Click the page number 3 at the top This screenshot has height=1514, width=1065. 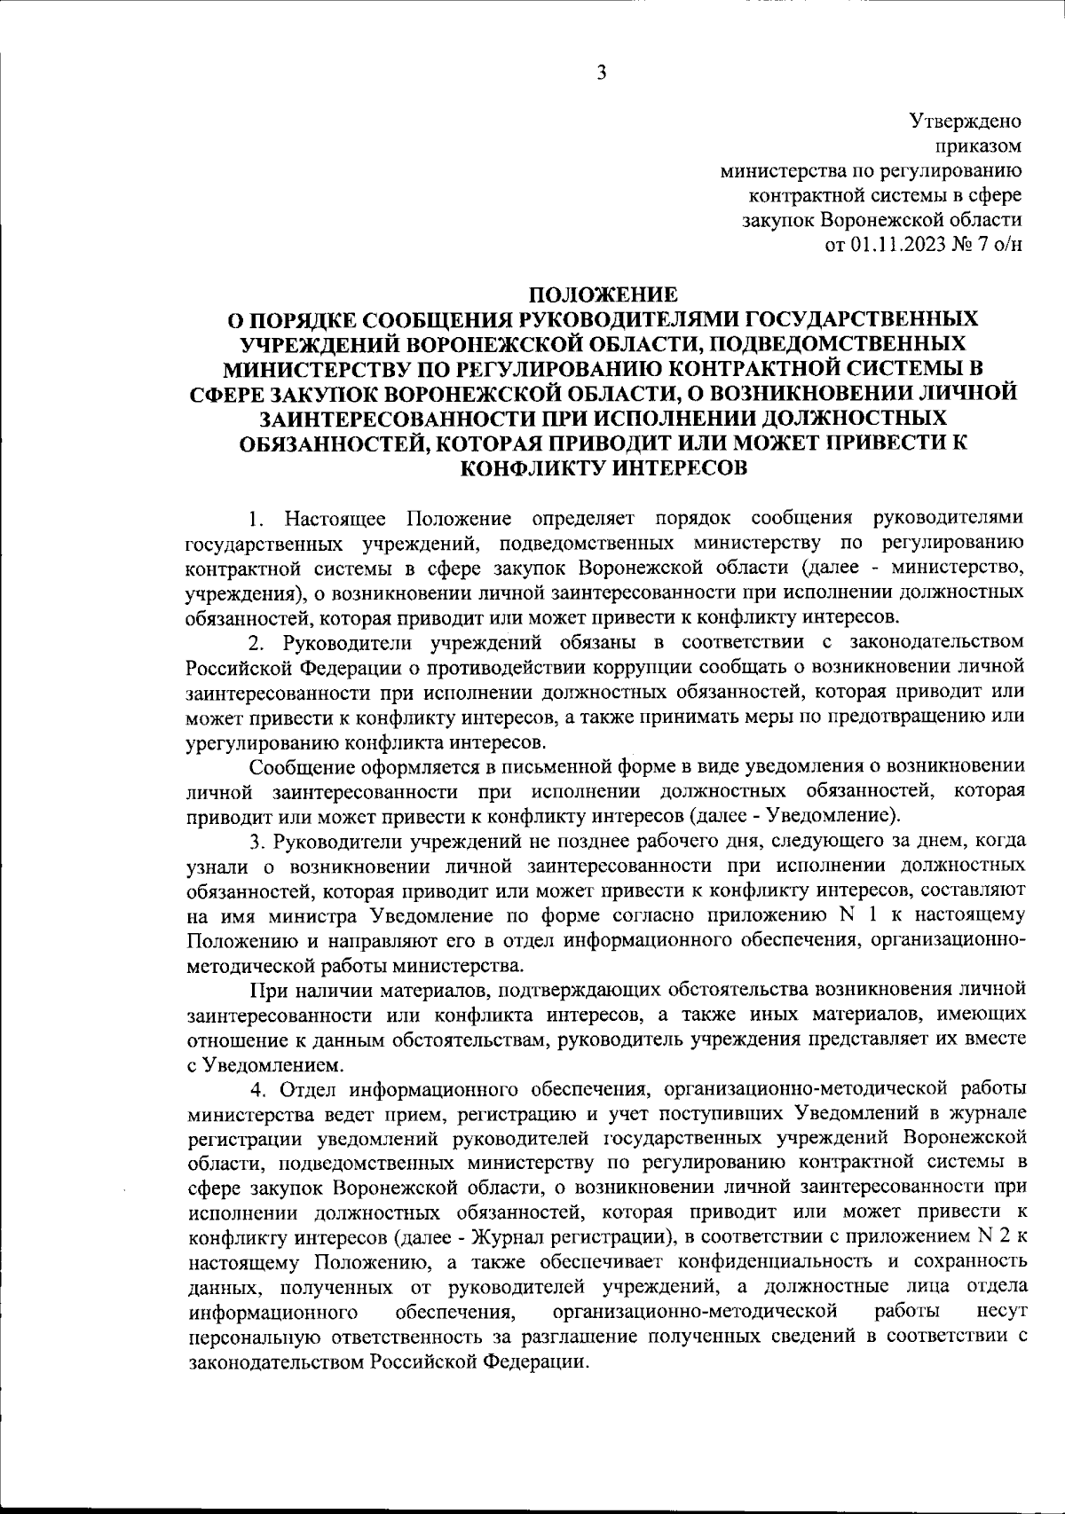point(601,74)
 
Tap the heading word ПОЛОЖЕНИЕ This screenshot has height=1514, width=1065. point(603,294)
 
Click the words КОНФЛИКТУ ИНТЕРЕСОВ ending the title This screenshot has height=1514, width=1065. point(603,467)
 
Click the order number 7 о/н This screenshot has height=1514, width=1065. point(1000,245)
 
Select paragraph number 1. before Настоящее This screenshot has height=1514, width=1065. point(255,518)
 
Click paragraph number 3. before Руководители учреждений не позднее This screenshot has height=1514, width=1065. point(255,840)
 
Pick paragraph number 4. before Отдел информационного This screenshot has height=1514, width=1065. point(256,1087)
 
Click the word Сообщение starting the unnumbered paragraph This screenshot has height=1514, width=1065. point(297,765)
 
